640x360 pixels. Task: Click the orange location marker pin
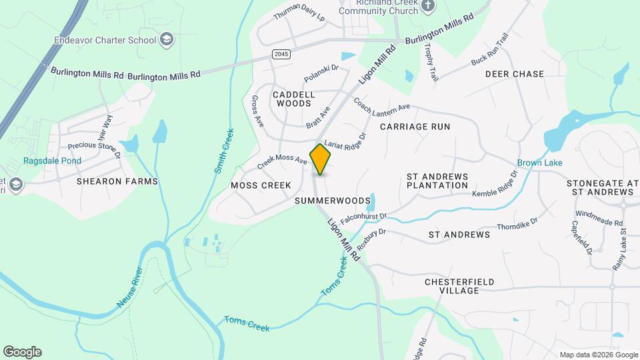click(321, 159)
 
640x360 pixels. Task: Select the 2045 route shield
click(281, 53)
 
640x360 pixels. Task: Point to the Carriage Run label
click(415, 126)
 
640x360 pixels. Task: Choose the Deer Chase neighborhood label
click(514, 74)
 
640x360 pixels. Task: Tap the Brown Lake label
click(540, 163)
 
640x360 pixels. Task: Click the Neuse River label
click(130, 287)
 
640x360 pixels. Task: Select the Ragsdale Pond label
click(52, 161)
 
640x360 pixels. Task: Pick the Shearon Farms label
click(117, 181)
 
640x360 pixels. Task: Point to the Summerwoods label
click(332, 200)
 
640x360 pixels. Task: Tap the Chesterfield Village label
click(459, 286)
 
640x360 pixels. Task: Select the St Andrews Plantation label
click(437, 181)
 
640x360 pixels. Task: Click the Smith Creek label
click(225, 151)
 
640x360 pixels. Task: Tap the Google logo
click(22, 352)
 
